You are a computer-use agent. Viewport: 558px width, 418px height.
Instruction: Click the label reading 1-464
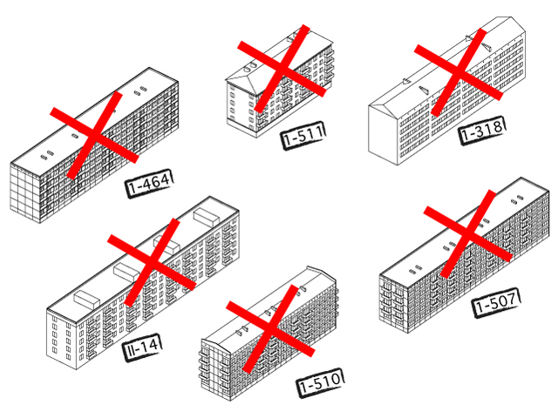149,183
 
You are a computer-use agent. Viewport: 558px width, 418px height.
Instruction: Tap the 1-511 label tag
303,136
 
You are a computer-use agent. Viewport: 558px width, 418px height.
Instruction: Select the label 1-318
482,130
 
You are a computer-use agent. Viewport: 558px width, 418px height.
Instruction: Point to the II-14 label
142,347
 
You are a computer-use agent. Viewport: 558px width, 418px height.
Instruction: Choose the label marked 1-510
320,383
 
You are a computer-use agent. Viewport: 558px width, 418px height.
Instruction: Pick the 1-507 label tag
496,302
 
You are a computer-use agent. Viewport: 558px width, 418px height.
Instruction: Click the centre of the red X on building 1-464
94,136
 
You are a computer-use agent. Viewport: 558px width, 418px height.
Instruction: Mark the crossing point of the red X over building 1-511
282,69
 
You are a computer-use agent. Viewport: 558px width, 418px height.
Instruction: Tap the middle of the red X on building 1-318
459,72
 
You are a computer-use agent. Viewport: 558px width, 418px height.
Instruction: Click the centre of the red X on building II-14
152,262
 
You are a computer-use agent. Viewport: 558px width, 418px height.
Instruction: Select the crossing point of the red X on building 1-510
270,329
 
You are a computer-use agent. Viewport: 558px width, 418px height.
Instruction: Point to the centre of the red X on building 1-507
468,234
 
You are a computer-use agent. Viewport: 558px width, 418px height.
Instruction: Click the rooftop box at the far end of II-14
207,217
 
